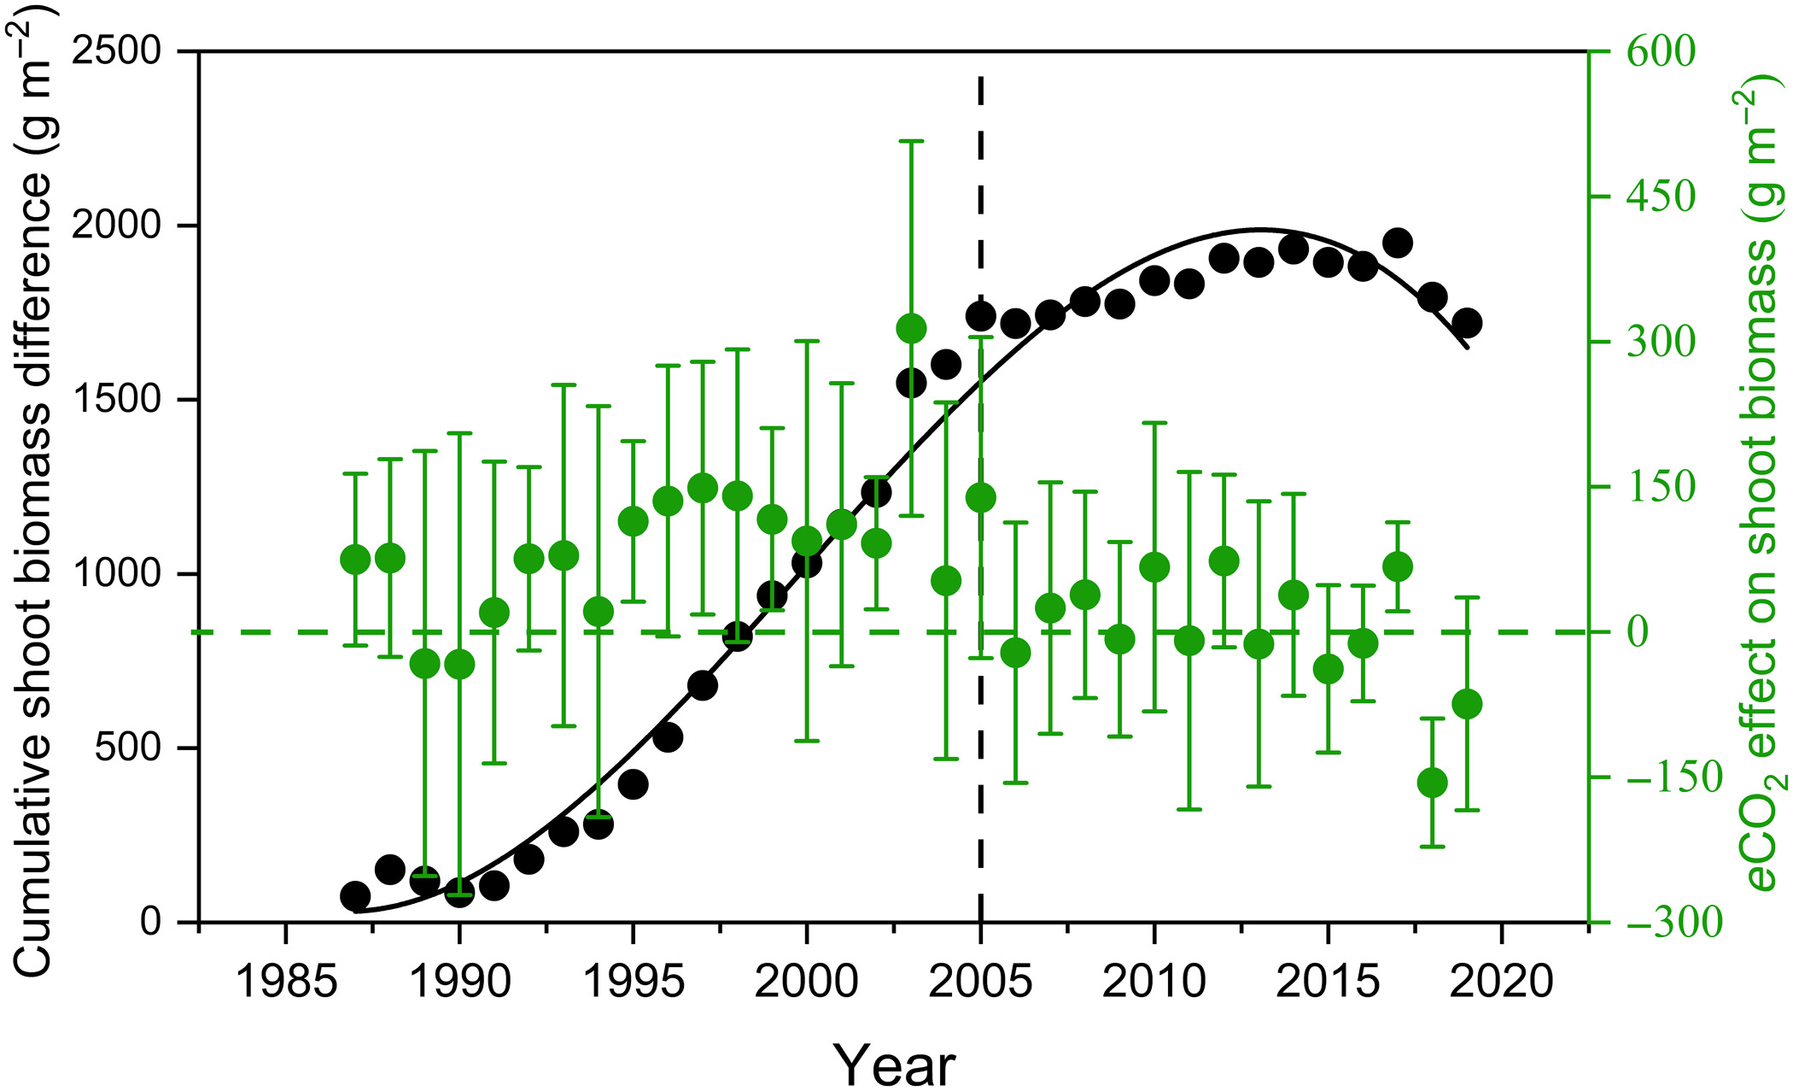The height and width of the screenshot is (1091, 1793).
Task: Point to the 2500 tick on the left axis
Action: pos(117,51)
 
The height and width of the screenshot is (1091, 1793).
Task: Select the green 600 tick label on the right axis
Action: pos(1661,51)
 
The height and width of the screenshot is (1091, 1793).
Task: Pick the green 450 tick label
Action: pos(1661,196)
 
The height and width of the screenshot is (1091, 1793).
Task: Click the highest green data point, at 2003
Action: pos(912,328)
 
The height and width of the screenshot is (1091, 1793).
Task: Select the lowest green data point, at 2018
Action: pos(1432,783)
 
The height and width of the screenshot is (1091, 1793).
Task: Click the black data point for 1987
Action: pos(355,896)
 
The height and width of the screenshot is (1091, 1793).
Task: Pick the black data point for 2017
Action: pos(1397,243)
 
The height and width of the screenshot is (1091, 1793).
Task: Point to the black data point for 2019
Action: pos(1467,323)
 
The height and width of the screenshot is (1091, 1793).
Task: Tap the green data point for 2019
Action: pos(1467,704)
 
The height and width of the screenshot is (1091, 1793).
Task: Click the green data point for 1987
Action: pos(355,560)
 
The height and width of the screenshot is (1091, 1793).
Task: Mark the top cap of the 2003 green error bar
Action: pos(912,141)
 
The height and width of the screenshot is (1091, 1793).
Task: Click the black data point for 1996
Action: pos(668,736)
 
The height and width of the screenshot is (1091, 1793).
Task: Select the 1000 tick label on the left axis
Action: pos(117,574)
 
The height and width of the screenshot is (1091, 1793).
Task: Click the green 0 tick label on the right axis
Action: pos(1638,632)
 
